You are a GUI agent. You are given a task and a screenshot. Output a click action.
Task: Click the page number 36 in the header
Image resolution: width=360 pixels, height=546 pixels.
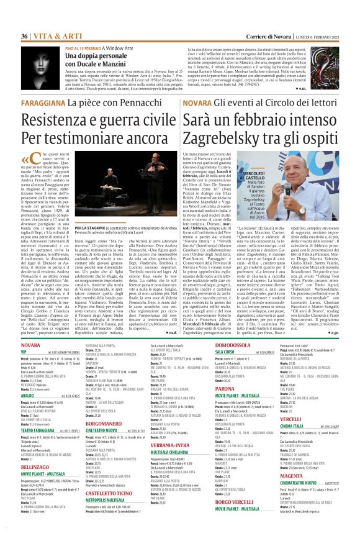[25, 20]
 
